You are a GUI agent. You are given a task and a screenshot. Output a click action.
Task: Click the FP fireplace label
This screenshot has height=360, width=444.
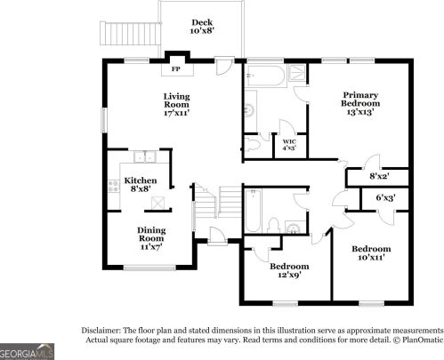pyautogui.click(x=176, y=69)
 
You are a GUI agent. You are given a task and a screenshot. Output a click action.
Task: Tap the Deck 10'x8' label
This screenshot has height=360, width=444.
pyautogui.click(x=202, y=27)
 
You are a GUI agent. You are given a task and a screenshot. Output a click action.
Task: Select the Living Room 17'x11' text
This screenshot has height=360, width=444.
pyautogui.click(x=177, y=105)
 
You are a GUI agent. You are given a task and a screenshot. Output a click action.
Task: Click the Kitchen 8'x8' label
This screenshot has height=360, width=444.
pyautogui.click(x=141, y=184)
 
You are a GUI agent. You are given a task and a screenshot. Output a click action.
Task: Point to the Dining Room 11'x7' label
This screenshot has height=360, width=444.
pyautogui.click(x=151, y=238)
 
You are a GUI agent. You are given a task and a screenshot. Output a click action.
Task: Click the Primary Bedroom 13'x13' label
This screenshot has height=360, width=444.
pyautogui.click(x=360, y=103)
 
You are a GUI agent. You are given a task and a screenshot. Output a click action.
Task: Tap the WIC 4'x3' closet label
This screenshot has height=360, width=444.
pyautogui.click(x=289, y=145)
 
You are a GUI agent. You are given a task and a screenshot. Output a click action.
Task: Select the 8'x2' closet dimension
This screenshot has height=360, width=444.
pyautogui.click(x=379, y=176)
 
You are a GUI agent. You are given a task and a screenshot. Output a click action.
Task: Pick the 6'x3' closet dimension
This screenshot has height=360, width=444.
pyautogui.click(x=385, y=197)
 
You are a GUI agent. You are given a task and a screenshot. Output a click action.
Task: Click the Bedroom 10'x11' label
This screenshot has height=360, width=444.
pyautogui.click(x=371, y=252)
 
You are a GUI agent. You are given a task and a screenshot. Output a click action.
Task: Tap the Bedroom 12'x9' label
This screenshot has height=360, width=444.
pyautogui.click(x=289, y=270)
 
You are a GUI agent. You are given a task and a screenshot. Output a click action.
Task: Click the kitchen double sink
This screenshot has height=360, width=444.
pyautogui.click(x=145, y=156)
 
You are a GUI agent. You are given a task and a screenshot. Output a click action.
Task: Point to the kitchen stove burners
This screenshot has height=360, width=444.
pyautogui.click(x=114, y=187)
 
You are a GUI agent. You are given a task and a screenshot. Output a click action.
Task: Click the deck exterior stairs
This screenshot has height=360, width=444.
pyautogui.click(x=130, y=33)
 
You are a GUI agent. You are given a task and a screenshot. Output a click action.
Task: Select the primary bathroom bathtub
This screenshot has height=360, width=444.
pyautogui.click(x=266, y=76)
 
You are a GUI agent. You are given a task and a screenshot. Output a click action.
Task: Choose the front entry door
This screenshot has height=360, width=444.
pyautogui.click(x=217, y=236)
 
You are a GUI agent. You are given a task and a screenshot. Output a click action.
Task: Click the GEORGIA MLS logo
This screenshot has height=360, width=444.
pyautogui.click(x=27, y=352)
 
